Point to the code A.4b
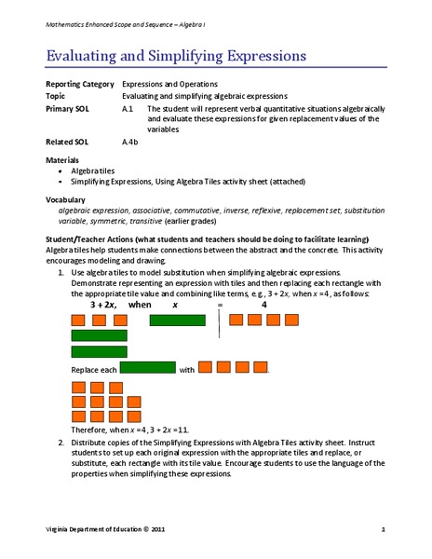click(130, 143)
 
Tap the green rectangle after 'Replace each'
click(148, 368)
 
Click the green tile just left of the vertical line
click(177, 320)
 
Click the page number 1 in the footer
click(383, 530)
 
